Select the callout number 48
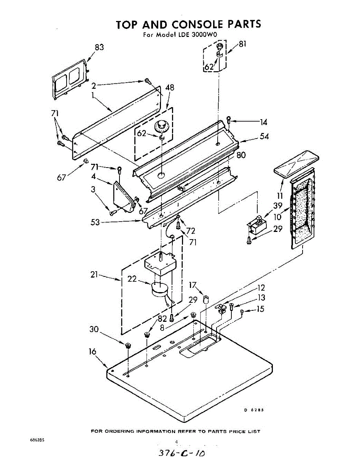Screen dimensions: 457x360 pos(170,88)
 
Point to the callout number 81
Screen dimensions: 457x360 pos(242,44)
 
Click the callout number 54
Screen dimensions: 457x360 pos(264,136)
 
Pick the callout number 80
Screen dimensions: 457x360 pos(241,155)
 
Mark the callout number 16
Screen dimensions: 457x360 pos(92,352)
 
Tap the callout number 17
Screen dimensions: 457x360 pos(193,284)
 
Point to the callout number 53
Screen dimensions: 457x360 pos(95,222)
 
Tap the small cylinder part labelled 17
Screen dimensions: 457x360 pos(207,299)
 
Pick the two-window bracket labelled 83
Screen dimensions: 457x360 pos(70,78)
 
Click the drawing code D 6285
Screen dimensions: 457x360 pos(254,410)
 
